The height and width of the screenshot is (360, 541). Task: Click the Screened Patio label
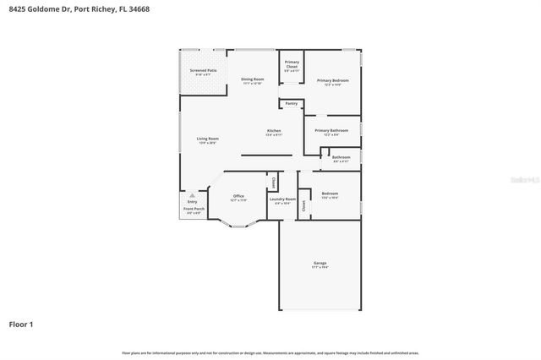pos(203,71)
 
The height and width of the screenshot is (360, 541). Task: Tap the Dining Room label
pos(253,79)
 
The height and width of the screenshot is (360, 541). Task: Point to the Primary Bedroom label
pos(333,80)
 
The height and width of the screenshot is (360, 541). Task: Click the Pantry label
pos(292,104)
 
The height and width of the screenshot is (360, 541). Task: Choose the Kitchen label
pos(274,131)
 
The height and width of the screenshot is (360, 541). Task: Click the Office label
pos(238,197)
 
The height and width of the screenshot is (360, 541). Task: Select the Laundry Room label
pos(282,199)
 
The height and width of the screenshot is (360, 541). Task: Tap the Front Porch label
pos(194,209)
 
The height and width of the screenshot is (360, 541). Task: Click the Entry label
pos(192,201)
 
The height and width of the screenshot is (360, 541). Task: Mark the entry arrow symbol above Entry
pos(192,194)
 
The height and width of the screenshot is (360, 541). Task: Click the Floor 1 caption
pos(21,324)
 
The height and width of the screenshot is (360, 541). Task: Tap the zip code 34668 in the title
pos(139,8)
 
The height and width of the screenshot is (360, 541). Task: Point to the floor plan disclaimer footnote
pos(270,352)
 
